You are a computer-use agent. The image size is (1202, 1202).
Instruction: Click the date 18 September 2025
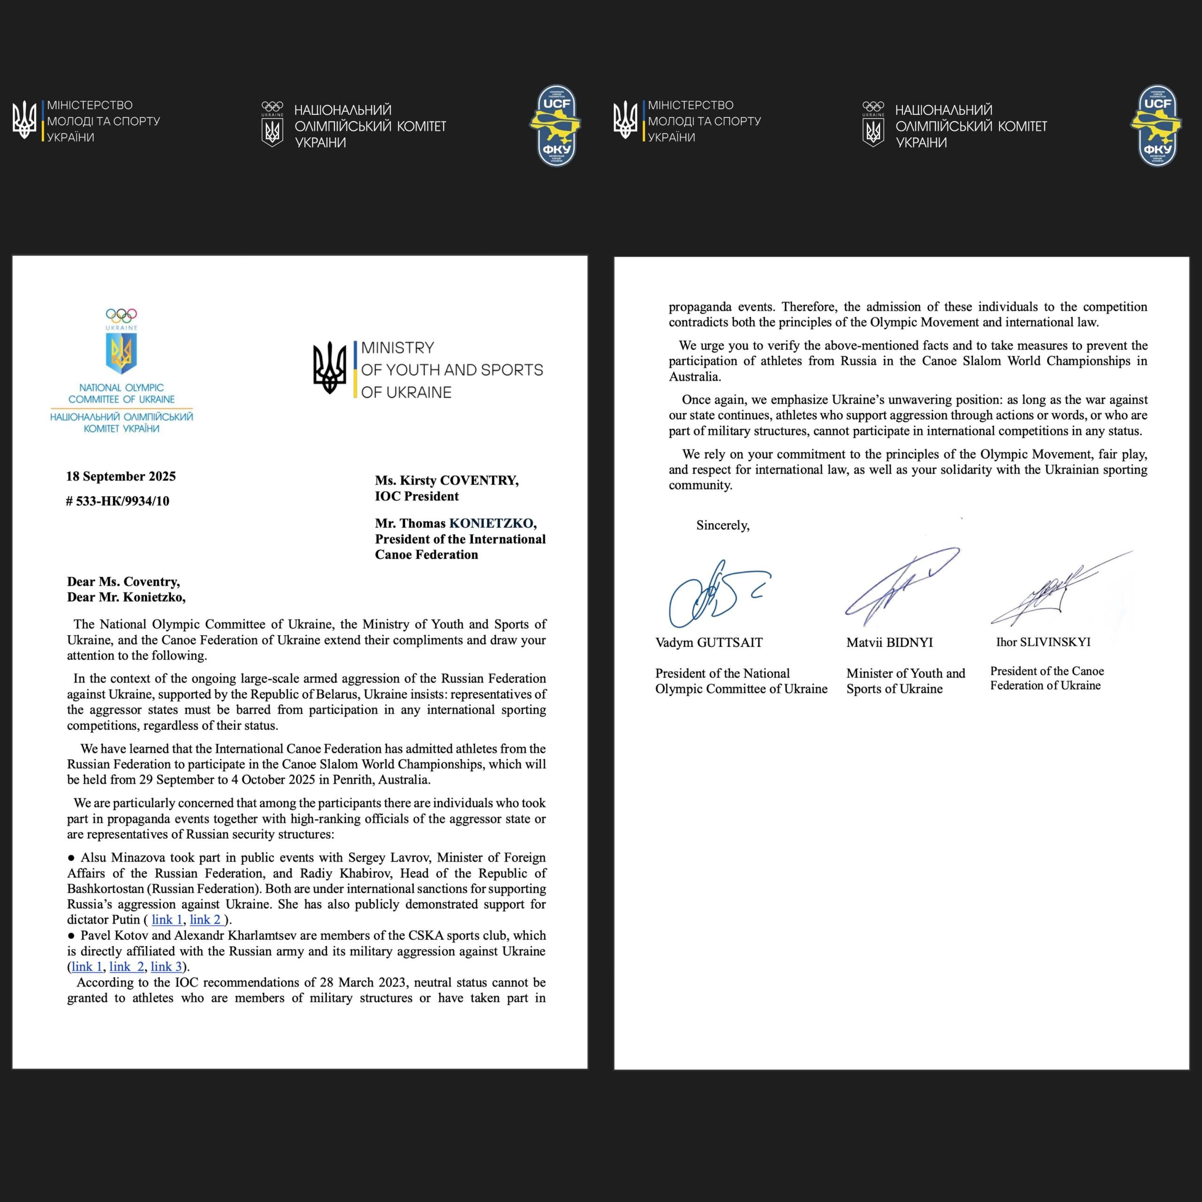[121, 477]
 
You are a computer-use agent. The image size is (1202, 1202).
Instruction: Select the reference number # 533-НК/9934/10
[117, 501]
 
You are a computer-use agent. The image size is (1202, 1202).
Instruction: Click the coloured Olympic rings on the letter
[121, 316]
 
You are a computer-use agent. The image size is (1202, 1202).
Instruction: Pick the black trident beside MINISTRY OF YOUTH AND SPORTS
[329, 368]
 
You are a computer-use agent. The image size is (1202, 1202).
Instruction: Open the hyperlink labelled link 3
[166, 966]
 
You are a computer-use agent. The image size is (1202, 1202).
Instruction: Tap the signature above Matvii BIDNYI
[896, 585]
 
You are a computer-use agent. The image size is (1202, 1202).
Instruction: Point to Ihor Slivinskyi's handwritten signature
[1051, 591]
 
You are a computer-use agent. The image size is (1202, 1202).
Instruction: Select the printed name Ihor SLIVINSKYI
[1043, 642]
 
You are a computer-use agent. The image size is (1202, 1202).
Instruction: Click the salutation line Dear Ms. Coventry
[123, 582]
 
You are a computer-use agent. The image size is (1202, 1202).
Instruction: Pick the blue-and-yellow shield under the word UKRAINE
[121, 352]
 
